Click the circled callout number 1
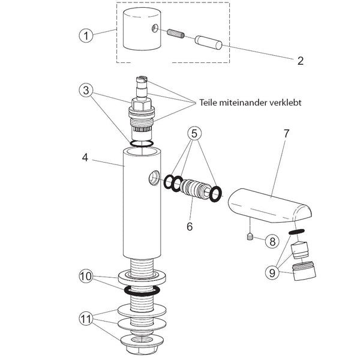coord(86,35)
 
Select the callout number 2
coord(301,61)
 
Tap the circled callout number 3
coord(86,90)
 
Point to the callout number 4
coord(85,158)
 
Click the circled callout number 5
coord(194,133)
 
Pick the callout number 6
coord(190,226)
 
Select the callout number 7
coord(286,134)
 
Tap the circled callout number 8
coord(272,241)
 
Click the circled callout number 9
coord(272,273)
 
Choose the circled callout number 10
coord(86,276)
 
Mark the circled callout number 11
coord(86,319)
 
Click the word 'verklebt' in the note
coord(286,103)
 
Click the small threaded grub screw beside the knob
coord(176,34)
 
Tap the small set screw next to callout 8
coord(250,236)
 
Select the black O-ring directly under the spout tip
coord(296,232)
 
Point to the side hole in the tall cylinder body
coord(154,178)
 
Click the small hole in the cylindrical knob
coord(155,28)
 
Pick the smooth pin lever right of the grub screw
coord(208,43)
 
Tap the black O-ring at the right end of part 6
coord(215,194)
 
